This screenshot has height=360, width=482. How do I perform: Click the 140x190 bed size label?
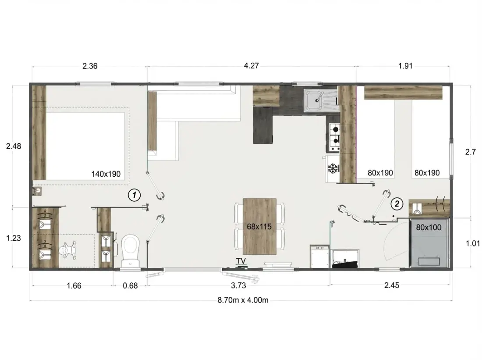[106, 174]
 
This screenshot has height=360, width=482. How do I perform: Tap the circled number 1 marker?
[135, 195]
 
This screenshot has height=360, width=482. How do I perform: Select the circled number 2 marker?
[397, 204]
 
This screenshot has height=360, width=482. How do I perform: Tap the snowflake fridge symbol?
[333, 168]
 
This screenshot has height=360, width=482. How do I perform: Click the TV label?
[241, 261]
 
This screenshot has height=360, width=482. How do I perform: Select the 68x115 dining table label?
[259, 227]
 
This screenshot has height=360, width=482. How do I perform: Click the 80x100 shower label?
[429, 228]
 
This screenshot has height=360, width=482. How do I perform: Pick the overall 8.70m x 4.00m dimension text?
[243, 300]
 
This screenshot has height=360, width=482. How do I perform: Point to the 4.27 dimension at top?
[252, 65]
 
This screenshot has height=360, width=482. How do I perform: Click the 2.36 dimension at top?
[90, 66]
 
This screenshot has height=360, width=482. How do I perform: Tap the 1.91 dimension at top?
[405, 66]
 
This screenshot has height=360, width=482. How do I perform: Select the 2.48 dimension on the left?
[14, 146]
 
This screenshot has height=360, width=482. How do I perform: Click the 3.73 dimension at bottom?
[238, 285]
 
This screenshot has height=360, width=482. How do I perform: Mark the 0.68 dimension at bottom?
[130, 286]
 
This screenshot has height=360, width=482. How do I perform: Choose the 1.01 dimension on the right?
[472, 243]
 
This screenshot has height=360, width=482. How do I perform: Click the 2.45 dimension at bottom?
[392, 285]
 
